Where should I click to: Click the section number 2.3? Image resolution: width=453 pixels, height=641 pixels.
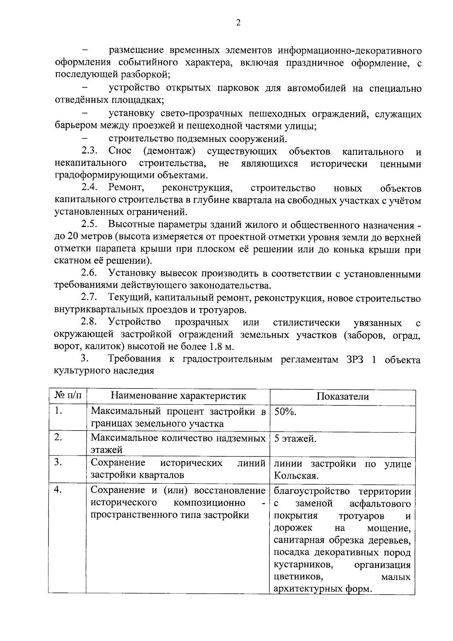coord(89,151)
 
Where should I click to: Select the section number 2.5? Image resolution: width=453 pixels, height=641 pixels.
coord(89,224)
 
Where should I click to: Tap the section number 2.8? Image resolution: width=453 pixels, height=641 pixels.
coord(89,322)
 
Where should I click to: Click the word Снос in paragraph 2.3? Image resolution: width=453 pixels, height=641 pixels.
coord(120,151)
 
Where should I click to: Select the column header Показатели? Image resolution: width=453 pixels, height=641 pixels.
coord(342,396)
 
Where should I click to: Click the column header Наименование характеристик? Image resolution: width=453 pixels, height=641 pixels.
coord(178,396)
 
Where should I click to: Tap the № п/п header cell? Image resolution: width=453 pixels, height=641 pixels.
coord(68,396)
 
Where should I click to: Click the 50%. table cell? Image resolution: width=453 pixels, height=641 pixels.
coord(285,412)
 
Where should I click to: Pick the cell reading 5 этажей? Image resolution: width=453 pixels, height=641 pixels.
coord(295,439)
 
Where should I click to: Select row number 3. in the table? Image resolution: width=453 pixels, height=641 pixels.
coord(58,462)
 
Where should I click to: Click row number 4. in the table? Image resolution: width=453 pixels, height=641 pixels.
coord(58,490)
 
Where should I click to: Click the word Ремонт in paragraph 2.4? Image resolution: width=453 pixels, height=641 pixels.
coord(125,188)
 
